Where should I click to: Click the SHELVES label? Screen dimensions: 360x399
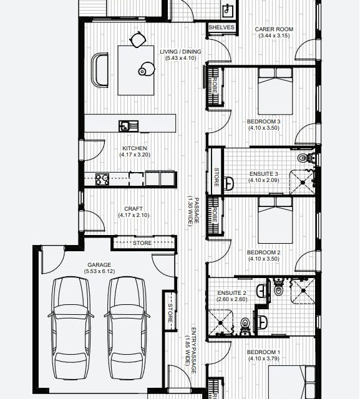[x=221, y=27]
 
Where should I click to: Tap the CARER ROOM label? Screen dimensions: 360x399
[x=274, y=29]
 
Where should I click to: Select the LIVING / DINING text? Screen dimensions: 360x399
[x=180, y=52]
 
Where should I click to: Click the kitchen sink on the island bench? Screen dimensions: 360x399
[x=129, y=126]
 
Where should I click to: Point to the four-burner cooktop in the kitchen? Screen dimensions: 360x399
[x=102, y=179]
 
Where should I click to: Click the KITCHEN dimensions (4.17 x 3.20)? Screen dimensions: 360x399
[x=135, y=155]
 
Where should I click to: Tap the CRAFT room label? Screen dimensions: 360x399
[x=134, y=209]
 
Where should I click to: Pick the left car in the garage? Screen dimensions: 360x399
[x=71, y=329]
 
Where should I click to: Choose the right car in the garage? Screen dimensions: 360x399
[x=127, y=329]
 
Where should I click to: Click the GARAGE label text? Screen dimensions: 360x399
[x=99, y=265]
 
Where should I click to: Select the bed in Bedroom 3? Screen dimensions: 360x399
[x=275, y=91]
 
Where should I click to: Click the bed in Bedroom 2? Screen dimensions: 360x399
[x=275, y=220]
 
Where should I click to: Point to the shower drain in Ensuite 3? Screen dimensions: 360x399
[x=303, y=183]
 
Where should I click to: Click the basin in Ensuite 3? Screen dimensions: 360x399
[x=229, y=183]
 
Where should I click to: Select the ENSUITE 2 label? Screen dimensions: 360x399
[x=231, y=293]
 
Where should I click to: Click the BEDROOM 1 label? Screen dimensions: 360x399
[x=263, y=352]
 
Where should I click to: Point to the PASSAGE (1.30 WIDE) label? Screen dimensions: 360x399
[x=193, y=211]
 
